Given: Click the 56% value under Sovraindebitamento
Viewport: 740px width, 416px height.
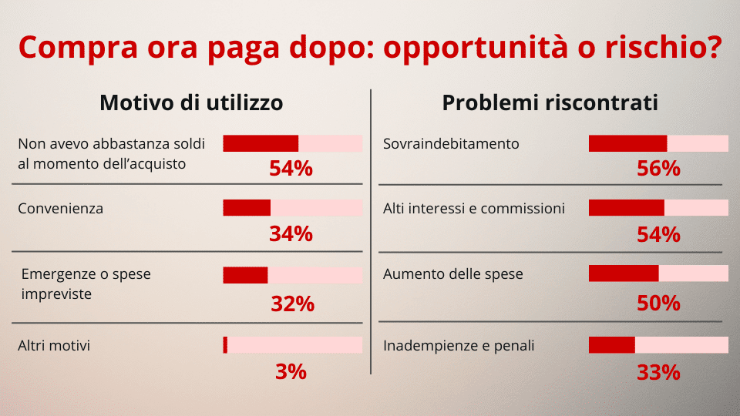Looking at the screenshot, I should (x=658, y=168).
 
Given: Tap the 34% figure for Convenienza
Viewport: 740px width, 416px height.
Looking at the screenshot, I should (x=291, y=233).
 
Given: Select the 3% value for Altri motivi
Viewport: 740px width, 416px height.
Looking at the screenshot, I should (x=291, y=372).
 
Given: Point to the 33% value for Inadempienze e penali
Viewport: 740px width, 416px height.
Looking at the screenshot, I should (x=658, y=373).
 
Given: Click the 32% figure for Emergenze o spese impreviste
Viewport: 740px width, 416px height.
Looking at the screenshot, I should (x=292, y=304).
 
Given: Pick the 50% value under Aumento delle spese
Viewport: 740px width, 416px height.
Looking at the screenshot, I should (x=658, y=304).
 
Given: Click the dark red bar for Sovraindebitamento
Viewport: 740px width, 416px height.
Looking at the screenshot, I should (x=627, y=143).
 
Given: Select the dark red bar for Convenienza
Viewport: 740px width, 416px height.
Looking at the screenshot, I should (x=247, y=208).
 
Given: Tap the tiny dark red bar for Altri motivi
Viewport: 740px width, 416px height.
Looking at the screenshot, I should (x=225, y=345).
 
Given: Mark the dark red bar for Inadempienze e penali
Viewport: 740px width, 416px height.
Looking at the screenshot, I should (x=611, y=345).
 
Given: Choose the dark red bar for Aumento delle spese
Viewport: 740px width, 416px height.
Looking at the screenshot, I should (x=624, y=273).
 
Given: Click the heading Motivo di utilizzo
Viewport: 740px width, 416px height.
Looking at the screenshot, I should (x=191, y=102).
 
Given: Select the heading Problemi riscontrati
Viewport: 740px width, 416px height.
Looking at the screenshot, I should (x=550, y=102).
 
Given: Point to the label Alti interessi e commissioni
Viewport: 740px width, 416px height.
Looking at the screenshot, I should (x=474, y=209).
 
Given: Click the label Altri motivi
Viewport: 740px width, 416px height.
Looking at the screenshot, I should (x=54, y=346).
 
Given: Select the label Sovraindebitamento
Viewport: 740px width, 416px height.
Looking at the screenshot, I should (x=451, y=144).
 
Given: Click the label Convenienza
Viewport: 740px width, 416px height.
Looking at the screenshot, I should (x=60, y=209).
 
